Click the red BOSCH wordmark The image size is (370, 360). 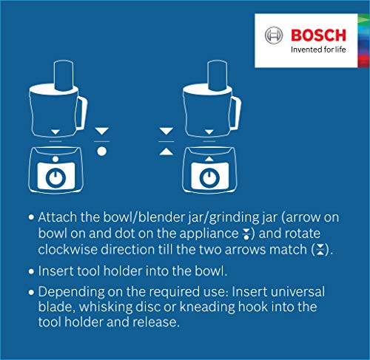pyautogui.click(x=318, y=35)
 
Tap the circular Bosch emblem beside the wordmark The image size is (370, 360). pyautogui.click(x=274, y=35)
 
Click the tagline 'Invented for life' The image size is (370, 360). pyautogui.click(x=318, y=50)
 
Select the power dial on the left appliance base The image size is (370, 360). pyautogui.click(x=55, y=177)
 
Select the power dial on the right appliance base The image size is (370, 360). pyautogui.click(x=209, y=177)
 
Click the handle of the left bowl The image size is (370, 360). pyautogui.click(x=82, y=112)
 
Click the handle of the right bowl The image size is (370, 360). pyautogui.click(x=236, y=112)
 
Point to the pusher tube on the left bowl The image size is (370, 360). pyautogui.click(x=64, y=75)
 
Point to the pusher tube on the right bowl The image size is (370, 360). pyautogui.click(x=218, y=75)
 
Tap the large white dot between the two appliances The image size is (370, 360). pyautogui.click(x=101, y=151)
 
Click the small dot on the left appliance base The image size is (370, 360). pyautogui.click(x=55, y=159)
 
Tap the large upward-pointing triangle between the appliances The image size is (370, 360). pyautogui.click(x=166, y=152)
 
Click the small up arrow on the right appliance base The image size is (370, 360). pyautogui.click(x=209, y=159)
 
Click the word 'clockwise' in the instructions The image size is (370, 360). pyautogui.click(x=68, y=249)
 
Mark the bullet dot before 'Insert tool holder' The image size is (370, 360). pyautogui.click(x=31, y=271)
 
